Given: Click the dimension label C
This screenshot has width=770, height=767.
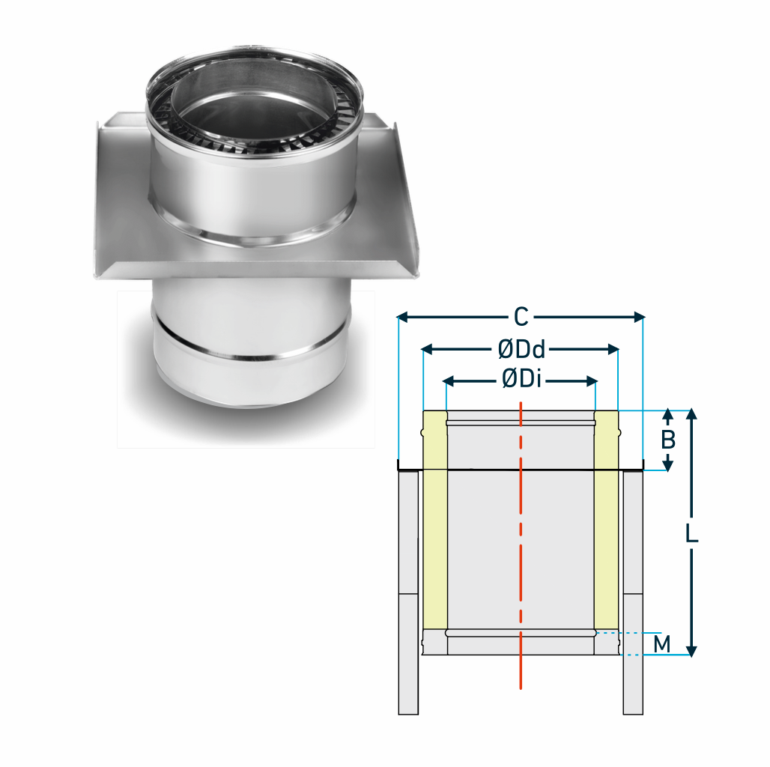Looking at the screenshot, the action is tap(521, 317).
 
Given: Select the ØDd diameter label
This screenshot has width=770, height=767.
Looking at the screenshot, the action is tap(521, 350).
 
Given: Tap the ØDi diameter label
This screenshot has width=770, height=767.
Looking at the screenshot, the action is tap(521, 380).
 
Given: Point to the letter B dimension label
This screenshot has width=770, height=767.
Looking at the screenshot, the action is tap(668, 440).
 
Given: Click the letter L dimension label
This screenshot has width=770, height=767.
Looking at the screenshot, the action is tap(691, 533).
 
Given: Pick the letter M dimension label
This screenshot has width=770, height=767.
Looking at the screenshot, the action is tap(662, 643).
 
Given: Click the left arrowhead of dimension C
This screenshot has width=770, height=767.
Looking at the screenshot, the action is tap(402, 317).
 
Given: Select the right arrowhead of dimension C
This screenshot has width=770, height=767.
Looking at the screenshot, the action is tap(639, 317).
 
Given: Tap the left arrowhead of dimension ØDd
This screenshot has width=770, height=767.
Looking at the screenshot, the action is tap(427, 349).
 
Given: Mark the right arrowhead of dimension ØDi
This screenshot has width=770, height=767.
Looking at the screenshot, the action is tap(592, 381).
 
